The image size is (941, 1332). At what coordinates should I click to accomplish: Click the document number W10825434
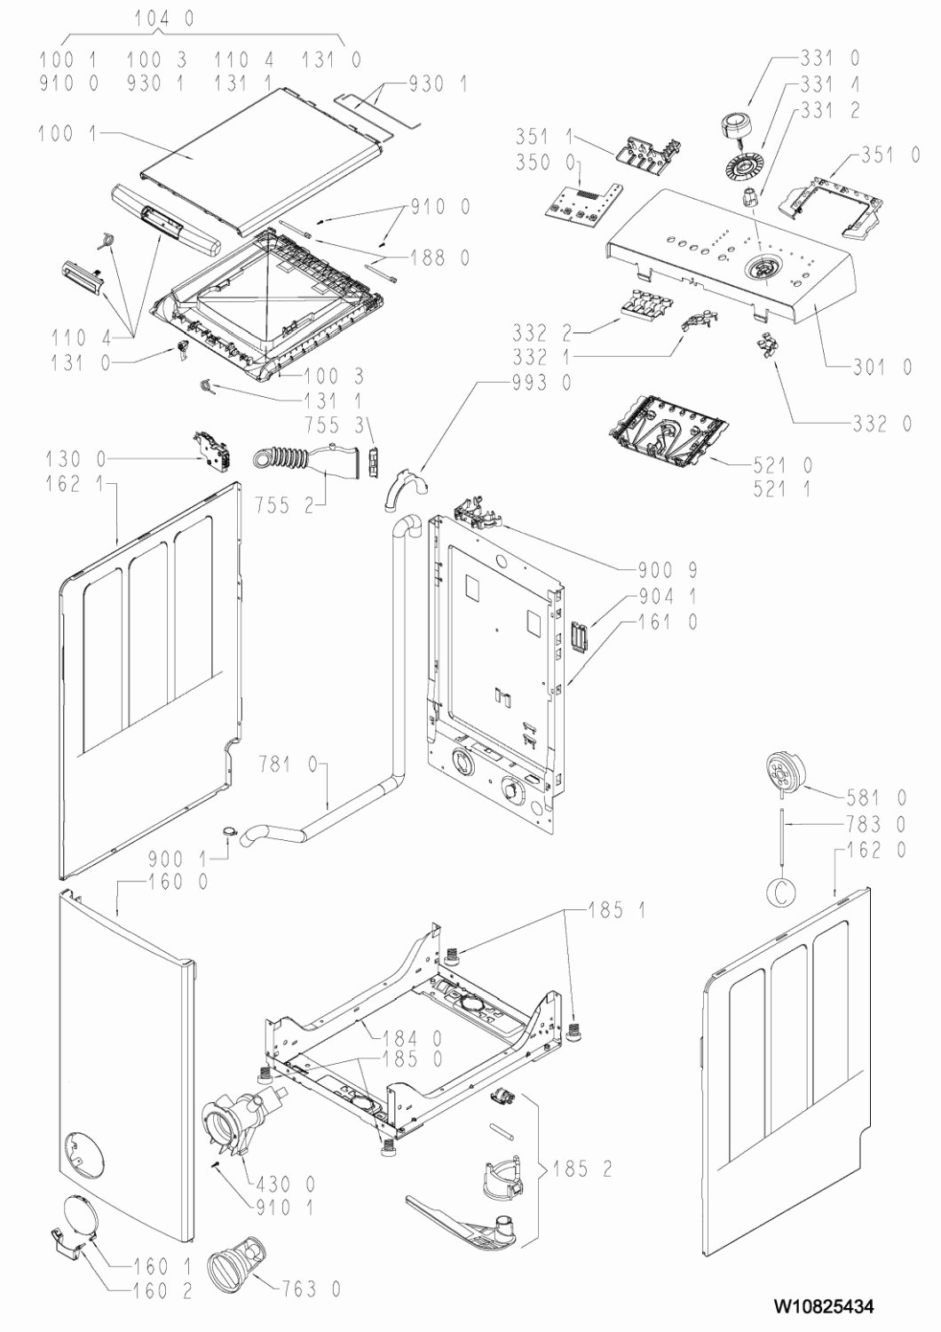point(824,1306)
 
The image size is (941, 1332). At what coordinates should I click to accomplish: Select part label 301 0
point(882,367)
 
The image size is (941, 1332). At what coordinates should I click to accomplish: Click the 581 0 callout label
point(876,797)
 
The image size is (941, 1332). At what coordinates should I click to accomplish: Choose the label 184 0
point(413,1036)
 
